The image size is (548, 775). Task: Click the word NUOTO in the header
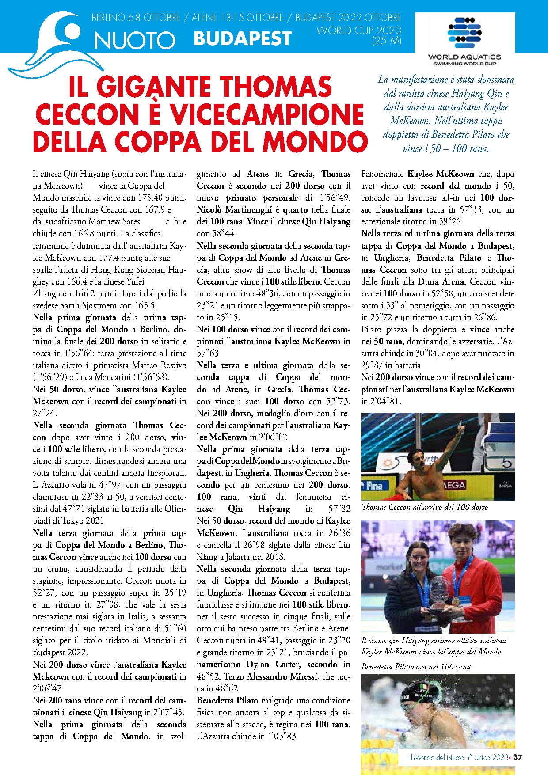(x=135, y=40)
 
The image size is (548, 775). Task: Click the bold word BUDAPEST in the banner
(x=243, y=39)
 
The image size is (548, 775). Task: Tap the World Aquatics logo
(x=464, y=40)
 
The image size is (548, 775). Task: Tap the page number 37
(x=518, y=757)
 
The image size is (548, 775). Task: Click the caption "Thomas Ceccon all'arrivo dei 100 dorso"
(x=424, y=507)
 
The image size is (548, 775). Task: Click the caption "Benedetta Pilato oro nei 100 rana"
(x=415, y=667)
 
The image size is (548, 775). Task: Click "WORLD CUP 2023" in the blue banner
(x=359, y=30)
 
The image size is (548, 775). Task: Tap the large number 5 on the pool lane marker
(x=506, y=463)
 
